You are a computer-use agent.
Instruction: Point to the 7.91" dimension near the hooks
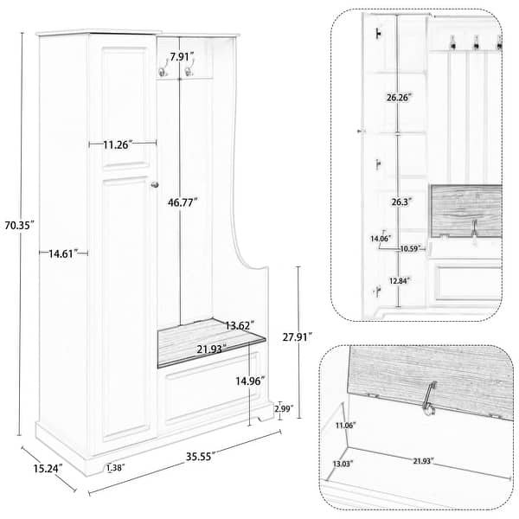(183, 57)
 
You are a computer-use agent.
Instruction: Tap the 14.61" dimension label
(58, 253)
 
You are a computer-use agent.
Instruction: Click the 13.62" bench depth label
(239, 326)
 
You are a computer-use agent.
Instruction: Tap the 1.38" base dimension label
(113, 468)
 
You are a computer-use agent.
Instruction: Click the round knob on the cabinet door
(155, 184)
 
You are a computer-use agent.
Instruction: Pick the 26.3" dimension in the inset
(399, 201)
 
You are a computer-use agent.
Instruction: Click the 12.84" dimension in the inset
(399, 279)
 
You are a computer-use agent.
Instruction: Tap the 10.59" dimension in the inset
(410, 249)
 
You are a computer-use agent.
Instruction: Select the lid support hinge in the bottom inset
(426, 400)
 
